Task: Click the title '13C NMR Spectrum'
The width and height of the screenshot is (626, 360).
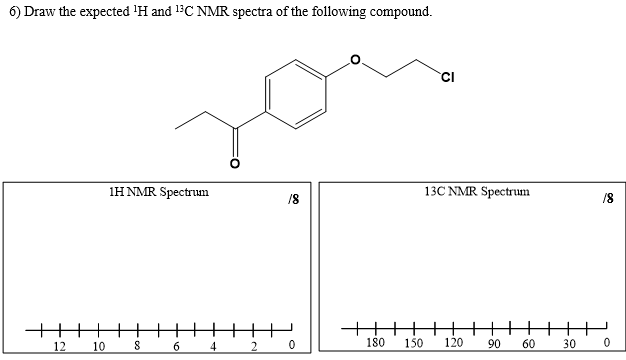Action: tap(476, 190)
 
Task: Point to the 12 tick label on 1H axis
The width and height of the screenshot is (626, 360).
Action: tap(59, 346)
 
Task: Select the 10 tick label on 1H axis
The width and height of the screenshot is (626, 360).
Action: tap(98, 346)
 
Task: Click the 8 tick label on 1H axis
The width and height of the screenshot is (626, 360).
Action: tap(137, 346)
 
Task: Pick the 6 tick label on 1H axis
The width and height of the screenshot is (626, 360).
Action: tap(176, 346)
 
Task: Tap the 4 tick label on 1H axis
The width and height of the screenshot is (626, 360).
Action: tap(214, 346)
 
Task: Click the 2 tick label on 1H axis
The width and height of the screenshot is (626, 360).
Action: tap(253, 346)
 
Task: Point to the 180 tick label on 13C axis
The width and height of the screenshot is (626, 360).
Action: tap(375, 343)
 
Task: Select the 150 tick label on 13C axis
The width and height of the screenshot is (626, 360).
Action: tap(413, 343)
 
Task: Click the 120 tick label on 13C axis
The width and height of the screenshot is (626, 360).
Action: tap(452, 343)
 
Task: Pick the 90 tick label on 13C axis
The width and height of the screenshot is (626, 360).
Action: tap(493, 345)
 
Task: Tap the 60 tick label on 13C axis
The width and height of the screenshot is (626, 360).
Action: tap(528, 345)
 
